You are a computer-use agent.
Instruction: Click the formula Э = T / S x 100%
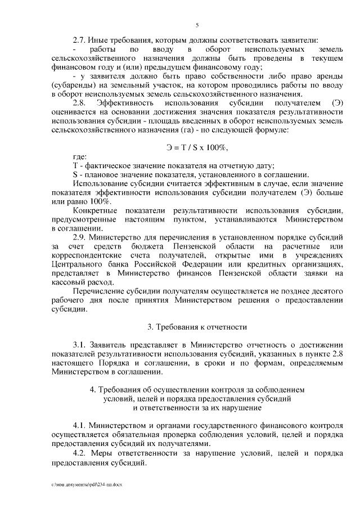pos(197,147)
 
